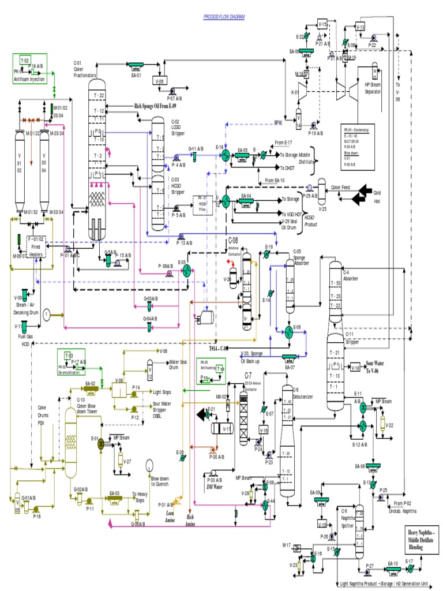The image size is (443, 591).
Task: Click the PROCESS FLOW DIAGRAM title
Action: coord(224,17)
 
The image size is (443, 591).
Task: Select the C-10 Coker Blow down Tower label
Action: coord(88,406)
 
